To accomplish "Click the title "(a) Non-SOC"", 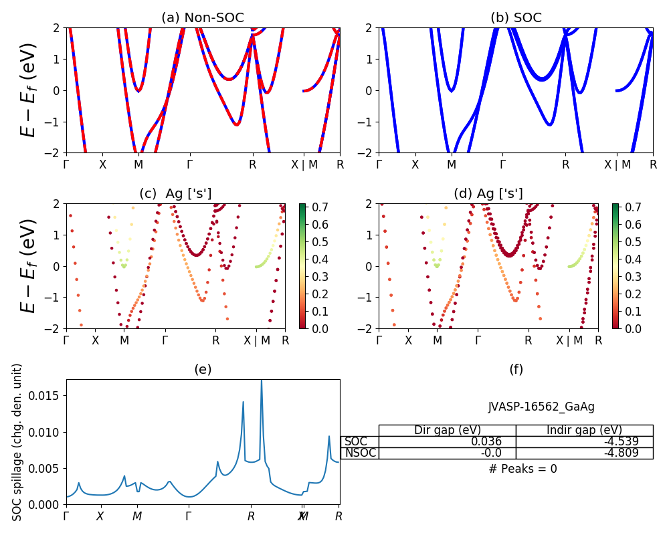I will (203, 18).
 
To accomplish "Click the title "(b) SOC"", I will (516, 18).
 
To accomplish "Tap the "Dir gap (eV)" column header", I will (448, 430).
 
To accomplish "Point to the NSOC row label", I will (360, 453).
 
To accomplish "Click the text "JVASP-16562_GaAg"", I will (541, 407).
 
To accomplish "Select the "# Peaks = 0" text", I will (522, 469).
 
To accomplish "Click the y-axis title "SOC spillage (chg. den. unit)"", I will (18, 442).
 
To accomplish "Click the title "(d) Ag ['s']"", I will (488, 194).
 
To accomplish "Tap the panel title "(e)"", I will (203, 369).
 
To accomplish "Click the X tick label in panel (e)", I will (100, 516).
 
